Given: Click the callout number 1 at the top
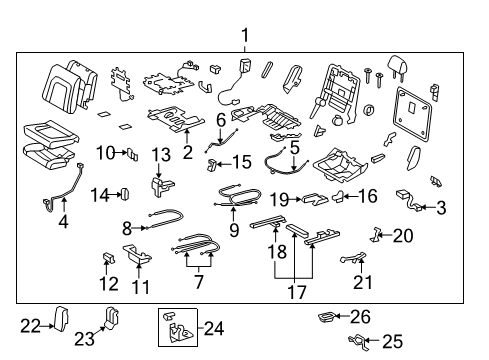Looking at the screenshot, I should [x=243, y=37].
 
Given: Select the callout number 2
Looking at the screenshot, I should [x=187, y=152].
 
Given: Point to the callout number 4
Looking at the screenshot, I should [x=64, y=222].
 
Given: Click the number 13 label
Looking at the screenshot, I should [x=162, y=154].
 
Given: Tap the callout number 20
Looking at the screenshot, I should [x=402, y=236].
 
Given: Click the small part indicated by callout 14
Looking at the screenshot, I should [x=127, y=193].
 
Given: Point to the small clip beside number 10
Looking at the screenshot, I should [x=132, y=153].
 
